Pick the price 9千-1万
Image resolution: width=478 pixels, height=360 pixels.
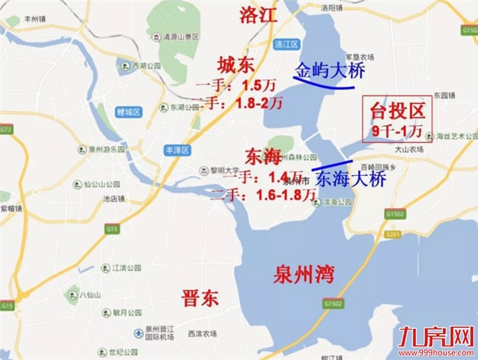click(398, 131)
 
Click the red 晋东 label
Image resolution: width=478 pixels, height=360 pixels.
click(200, 297)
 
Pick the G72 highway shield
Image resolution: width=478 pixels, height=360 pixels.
click(6, 130)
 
